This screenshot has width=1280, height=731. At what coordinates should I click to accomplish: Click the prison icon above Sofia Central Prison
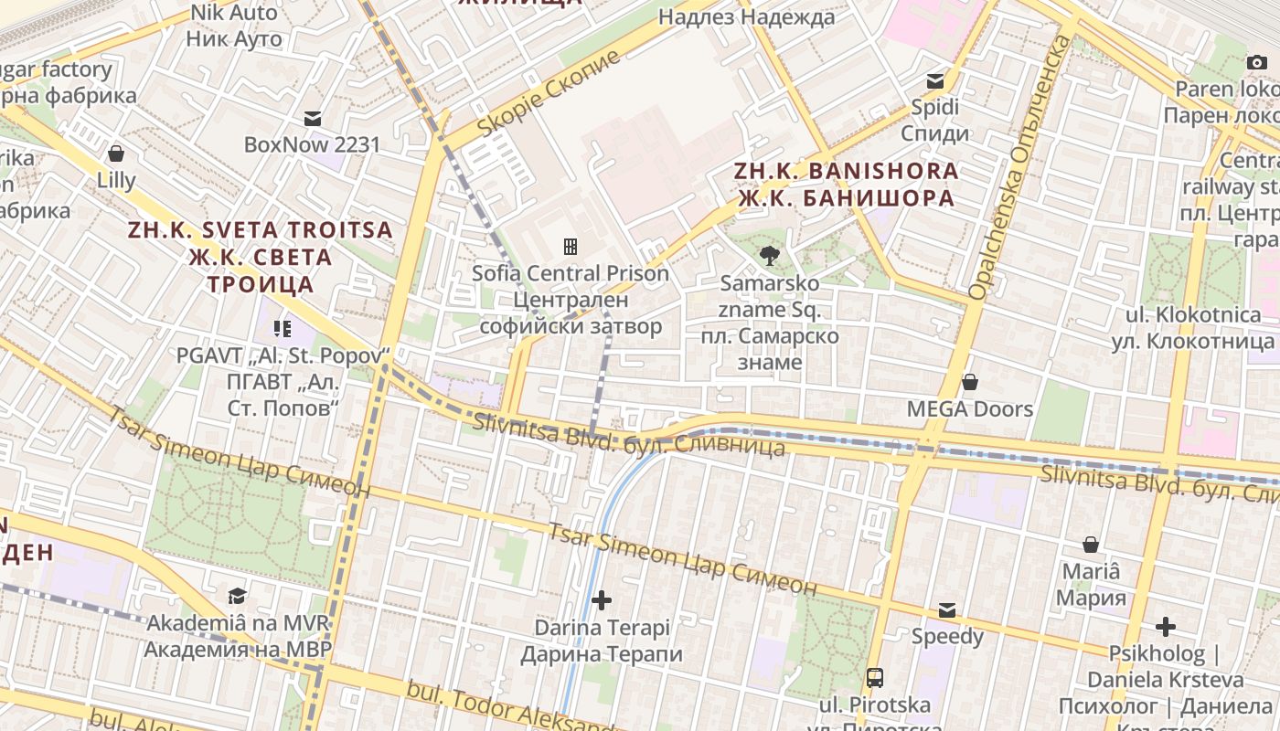tap(571, 246)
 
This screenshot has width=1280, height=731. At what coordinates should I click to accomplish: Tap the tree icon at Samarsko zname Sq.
tap(770, 256)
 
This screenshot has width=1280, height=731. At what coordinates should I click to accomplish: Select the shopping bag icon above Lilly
tap(116, 154)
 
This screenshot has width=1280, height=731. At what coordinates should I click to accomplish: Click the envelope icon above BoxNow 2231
tap(313, 118)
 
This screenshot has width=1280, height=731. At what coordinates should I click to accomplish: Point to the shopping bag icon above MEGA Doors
tap(970, 381)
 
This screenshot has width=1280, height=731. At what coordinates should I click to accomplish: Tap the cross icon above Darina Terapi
tap(602, 600)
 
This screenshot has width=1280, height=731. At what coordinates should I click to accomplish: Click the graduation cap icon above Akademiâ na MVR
tap(238, 596)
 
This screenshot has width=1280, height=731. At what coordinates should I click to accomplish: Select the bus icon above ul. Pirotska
tap(875, 677)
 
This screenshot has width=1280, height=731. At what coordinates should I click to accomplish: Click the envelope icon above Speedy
tap(947, 609)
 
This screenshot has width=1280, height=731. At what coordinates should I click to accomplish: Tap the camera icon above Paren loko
tap(1257, 62)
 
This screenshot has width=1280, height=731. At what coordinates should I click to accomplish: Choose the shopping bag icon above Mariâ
tap(1091, 546)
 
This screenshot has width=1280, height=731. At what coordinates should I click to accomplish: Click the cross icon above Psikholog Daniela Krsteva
tap(1165, 627)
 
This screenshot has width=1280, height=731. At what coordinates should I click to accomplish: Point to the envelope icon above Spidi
tap(935, 80)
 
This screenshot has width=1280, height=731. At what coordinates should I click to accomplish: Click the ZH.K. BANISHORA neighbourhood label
tap(846, 185)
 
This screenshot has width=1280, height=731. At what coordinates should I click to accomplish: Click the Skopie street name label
tap(549, 94)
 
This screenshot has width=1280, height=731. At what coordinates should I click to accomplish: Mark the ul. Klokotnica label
tap(1192, 328)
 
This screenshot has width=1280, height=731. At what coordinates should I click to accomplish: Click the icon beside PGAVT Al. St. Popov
tap(282, 328)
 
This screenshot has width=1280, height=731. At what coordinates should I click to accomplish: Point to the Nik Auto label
tap(233, 26)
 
